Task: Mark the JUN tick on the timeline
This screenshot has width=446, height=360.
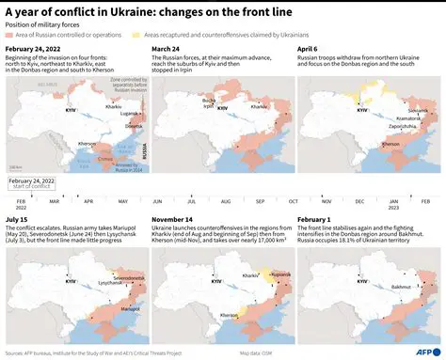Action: pyautogui.click(x=156, y=200)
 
